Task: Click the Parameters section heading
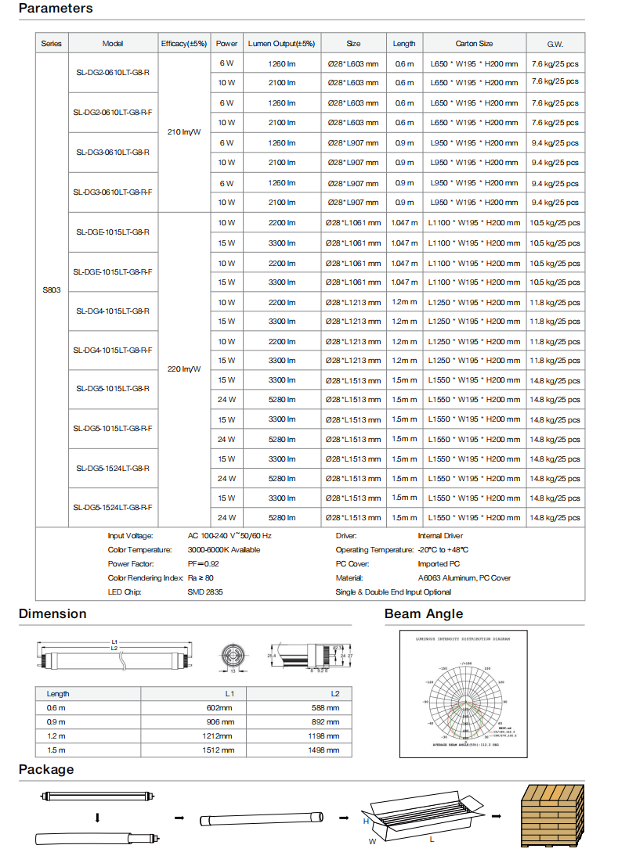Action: point(56,9)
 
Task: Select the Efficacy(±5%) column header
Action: point(183,44)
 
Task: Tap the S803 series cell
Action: point(52,290)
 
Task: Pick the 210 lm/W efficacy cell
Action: point(184,132)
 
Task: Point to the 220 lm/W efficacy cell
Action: point(184,369)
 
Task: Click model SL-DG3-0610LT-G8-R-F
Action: point(113,192)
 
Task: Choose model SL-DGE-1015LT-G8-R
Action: point(113,232)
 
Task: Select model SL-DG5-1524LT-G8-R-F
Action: point(113,508)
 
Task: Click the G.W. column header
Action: point(555,44)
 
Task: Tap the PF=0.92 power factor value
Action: point(203,563)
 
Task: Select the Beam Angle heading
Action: point(424,614)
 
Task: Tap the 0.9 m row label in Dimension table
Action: point(56,721)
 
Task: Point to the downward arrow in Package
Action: point(98,818)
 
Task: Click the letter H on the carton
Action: point(366,822)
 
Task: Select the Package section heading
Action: point(46,770)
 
